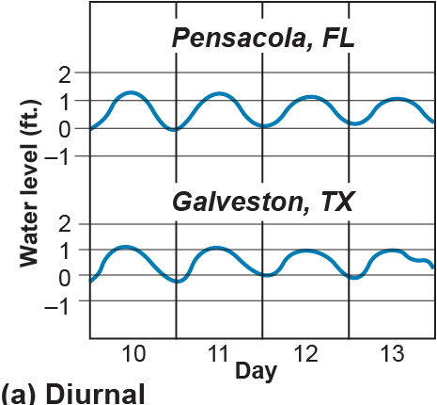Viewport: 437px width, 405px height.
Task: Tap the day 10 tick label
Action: pos(133,353)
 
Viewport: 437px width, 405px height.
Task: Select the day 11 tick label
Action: pos(219,353)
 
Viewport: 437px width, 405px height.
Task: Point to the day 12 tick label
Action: pos(305,353)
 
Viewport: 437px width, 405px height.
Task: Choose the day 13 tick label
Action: pos(391,353)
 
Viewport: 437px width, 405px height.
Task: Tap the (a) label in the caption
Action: pos(21,392)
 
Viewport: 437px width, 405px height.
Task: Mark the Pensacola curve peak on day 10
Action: pos(131,92)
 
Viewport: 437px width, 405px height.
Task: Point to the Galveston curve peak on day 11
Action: pos(218,248)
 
